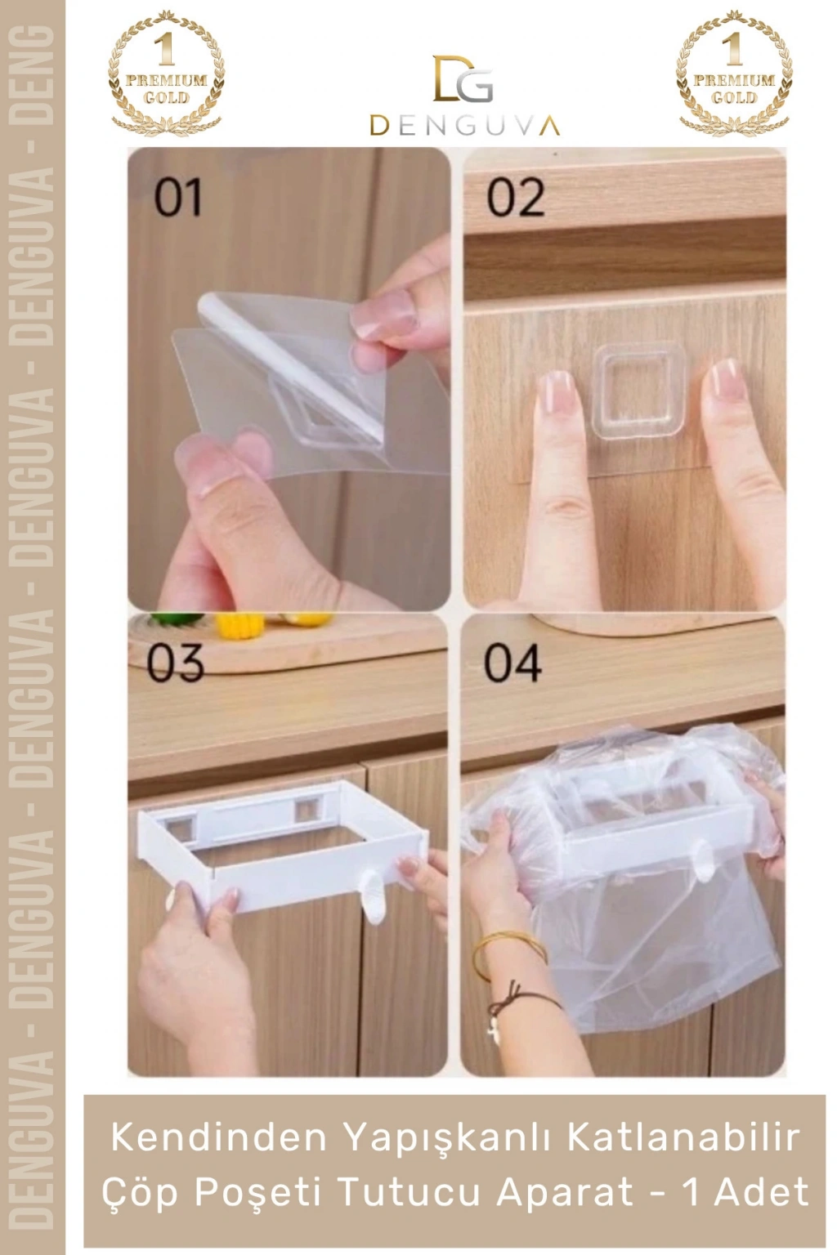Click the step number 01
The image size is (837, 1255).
[x=177, y=199]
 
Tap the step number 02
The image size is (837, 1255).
[x=515, y=197]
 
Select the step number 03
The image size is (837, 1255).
[x=174, y=663]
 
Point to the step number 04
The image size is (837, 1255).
[x=512, y=663]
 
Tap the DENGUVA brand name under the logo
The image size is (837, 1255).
[x=465, y=126]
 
